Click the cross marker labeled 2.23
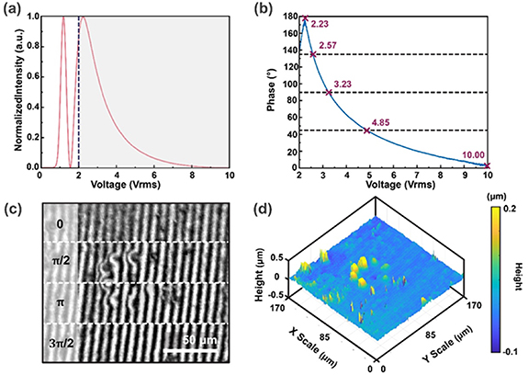coord(306,18)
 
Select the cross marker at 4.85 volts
coord(366,131)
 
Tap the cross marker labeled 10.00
coord(487,165)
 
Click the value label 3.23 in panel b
coord(343,84)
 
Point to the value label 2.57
coord(328,45)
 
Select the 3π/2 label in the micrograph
coord(61,344)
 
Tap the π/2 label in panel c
coord(61,260)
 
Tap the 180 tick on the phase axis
coord(290,17)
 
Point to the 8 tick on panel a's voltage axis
coord(192,176)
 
